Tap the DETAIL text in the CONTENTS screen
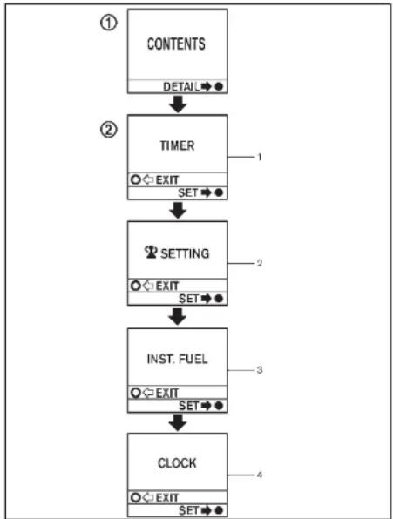(182, 87)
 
